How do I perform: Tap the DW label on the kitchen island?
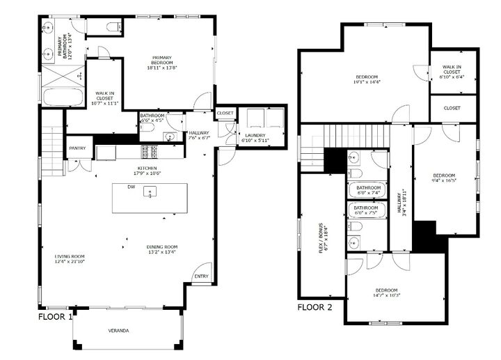[x=130, y=187]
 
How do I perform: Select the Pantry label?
[x=77, y=148]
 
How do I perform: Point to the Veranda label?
[x=118, y=330]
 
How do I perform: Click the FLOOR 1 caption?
[x=56, y=316]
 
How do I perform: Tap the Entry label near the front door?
[x=201, y=276]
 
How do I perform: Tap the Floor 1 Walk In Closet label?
[x=105, y=97]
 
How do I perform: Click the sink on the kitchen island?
[x=148, y=192]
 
